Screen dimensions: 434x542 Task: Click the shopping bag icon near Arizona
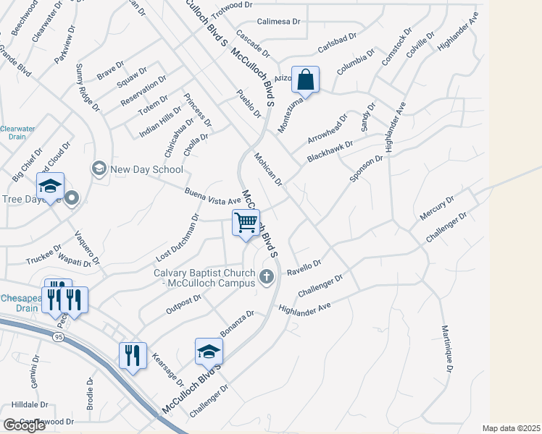(x=306, y=81)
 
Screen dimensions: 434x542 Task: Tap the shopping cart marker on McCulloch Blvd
(x=246, y=221)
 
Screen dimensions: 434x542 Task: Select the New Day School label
(x=146, y=169)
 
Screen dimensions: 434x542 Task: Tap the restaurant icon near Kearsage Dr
(x=133, y=356)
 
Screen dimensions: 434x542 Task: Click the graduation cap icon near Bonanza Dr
(x=209, y=352)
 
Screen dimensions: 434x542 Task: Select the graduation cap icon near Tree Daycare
(x=51, y=186)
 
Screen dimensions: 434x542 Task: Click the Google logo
(x=24, y=425)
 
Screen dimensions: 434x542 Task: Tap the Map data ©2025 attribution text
(x=511, y=428)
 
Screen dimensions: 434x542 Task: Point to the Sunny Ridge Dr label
(x=86, y=88)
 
